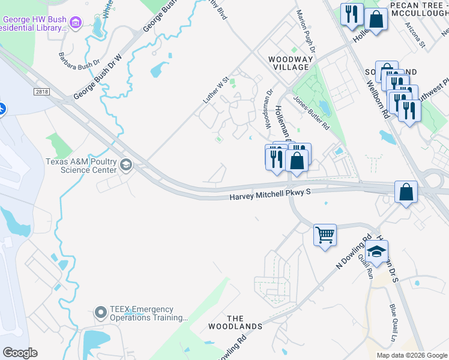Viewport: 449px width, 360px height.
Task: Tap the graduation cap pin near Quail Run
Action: pyautogui.click(x=377, y=251)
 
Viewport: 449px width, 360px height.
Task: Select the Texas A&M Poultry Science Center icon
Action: pyautogui.click(x=126, y=164)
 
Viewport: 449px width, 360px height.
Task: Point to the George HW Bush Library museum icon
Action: pyautogui.click(x=75, y=23)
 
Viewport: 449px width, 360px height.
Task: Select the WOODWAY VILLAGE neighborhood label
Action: pyautogui.click(x=291, y=63)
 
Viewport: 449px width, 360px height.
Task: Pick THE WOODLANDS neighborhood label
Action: pyautogui.click(x=235, y=322)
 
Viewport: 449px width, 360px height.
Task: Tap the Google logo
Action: pyautogui.click(x=20, y=353)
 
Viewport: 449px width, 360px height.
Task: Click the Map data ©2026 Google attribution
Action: pyautogui.click(x=411, y=355)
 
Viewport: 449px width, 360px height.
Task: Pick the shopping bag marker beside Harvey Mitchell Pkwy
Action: pyautogui.click(x=406, y=192)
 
